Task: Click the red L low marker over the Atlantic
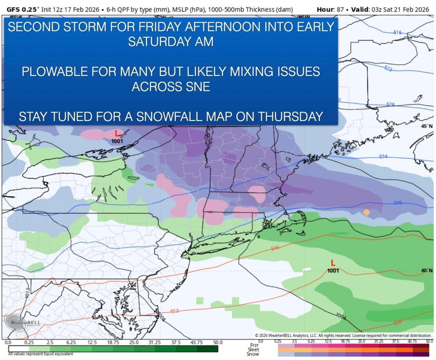point(333,263)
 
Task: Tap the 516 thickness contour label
point(397,33)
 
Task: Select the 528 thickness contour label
point(390,105)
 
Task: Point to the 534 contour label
point(383,156)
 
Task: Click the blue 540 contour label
point(397,203)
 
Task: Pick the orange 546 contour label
point(275,248)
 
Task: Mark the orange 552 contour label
point(175,311)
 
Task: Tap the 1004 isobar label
point(340,316)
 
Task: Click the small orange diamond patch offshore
point(367,212)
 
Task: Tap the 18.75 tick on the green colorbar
point(113,343)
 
